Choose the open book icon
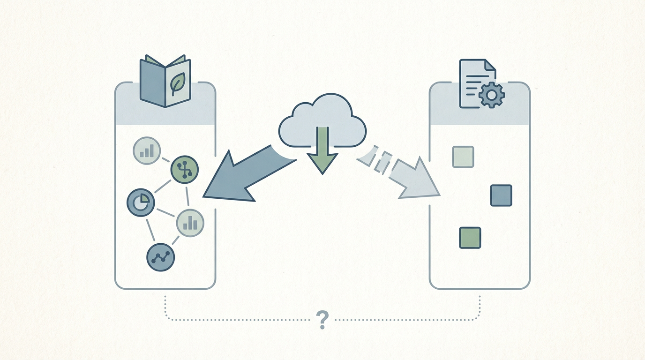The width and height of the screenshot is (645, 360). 165,82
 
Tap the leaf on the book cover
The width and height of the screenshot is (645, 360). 178,84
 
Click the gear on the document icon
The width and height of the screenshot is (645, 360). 491,95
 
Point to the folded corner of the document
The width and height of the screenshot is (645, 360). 489,65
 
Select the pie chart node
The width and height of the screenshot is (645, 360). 141,202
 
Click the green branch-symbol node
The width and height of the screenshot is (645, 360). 184,169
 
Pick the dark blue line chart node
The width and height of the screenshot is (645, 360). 161,257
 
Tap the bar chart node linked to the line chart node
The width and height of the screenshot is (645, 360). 190,223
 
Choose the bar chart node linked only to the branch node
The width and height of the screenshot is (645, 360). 147,150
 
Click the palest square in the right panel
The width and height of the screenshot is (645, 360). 463,157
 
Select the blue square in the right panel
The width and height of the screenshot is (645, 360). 501,195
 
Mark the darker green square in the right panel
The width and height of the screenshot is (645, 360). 470,238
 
